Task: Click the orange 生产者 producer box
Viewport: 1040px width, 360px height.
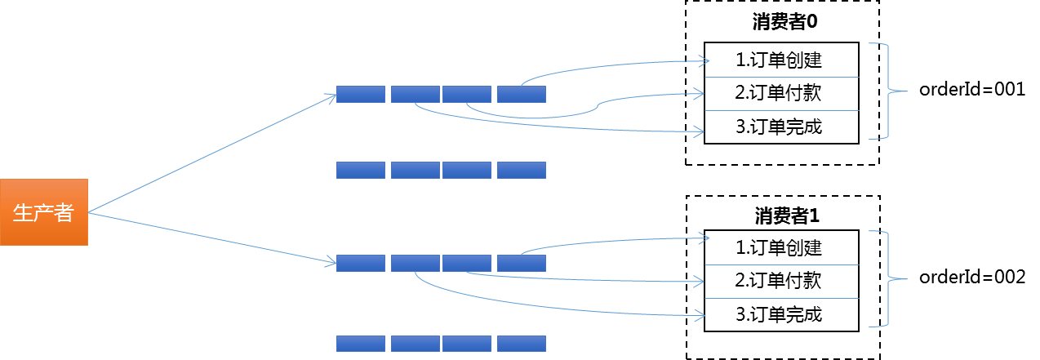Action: tap(44, 212)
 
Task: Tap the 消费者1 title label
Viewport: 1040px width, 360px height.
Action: tap(786, 216)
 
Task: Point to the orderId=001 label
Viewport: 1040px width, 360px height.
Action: tap(971, 90)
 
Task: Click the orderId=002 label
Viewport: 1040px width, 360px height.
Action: tap(971, 278)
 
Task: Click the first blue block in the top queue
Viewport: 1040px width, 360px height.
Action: tap(360, 94)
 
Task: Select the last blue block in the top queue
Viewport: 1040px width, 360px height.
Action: tap(521, 94)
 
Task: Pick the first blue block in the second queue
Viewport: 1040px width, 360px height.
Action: tap(360, 170)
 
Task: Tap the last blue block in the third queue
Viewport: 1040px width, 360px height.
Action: tap(521, 263)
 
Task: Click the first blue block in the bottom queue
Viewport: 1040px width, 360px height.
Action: tap(360, 343)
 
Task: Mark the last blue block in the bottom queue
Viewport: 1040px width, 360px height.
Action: tap(521, 343)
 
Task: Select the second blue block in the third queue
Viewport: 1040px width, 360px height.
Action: tap(415, 263)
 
